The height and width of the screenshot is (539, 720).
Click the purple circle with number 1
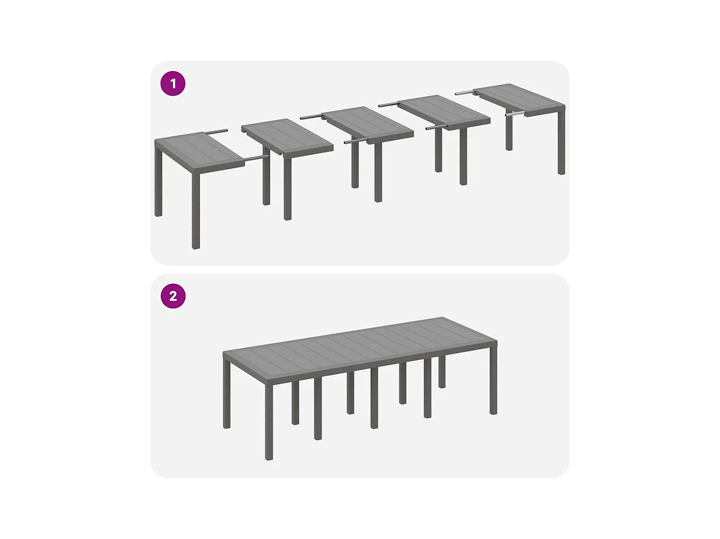(x=173, y=83)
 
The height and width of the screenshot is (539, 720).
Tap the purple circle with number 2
(x=173, y=296)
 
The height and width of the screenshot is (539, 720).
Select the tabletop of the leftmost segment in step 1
(x=199, y=149)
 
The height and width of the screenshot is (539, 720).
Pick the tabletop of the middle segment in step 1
(x=367, y=125)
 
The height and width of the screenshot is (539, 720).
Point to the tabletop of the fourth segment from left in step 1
(x=444, y=113)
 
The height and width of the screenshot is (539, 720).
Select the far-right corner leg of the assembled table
(x=493, y=380)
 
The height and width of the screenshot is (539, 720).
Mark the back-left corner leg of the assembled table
(x=227, y=393)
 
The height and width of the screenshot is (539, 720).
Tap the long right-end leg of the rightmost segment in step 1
(x=561, y=141)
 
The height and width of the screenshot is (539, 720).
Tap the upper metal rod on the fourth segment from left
(x=390, y=104)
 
